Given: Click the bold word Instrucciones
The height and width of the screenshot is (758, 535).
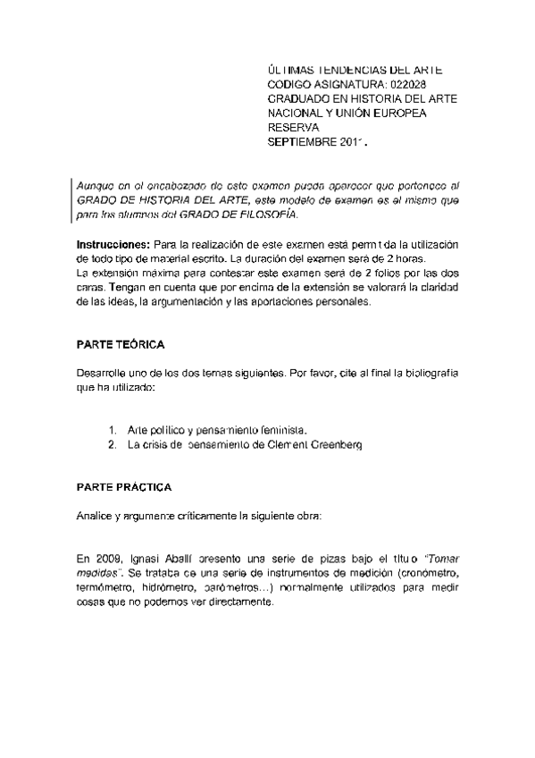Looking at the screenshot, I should click(107, 245).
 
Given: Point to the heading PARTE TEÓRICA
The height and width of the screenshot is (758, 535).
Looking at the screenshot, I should click(118, 345).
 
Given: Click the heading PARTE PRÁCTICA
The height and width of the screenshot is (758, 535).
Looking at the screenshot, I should click(120, 488).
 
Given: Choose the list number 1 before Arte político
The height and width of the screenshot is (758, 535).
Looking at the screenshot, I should click(110, 430).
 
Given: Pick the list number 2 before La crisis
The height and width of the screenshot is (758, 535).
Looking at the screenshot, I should click(111, 444).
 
